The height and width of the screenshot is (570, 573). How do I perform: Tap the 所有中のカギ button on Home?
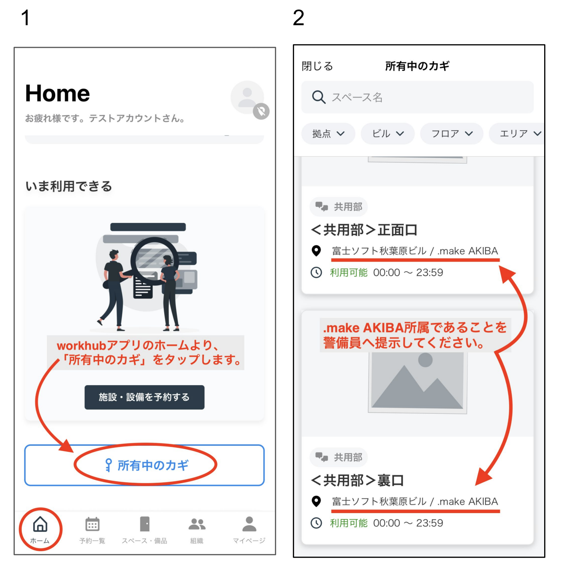[144, 465]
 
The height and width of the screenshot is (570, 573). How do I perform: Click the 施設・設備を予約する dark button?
[144, 397]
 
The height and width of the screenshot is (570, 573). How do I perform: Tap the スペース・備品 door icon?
[145, 524]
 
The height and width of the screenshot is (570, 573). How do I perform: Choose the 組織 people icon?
[197, 524]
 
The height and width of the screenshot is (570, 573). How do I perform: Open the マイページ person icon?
[249, 524]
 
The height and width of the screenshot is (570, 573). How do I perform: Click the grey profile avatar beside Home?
[247, 97]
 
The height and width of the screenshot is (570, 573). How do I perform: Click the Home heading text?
[57, 93]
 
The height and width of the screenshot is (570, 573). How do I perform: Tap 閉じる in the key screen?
[317, 66]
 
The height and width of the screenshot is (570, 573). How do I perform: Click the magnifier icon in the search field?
[319, 97]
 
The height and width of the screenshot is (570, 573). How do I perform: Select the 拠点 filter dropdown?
[328, 133]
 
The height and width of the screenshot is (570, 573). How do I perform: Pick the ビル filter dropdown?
[387, 133]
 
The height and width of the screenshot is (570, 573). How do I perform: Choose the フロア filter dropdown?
[451, 133]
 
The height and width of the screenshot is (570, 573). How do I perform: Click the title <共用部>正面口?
[364, 230]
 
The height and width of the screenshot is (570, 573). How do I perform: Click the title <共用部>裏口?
[357, 481]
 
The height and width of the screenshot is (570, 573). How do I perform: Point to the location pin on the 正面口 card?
[316, 251]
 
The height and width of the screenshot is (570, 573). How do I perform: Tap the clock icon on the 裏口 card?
[316, 523]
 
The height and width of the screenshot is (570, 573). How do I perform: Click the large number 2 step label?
[298, 18]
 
